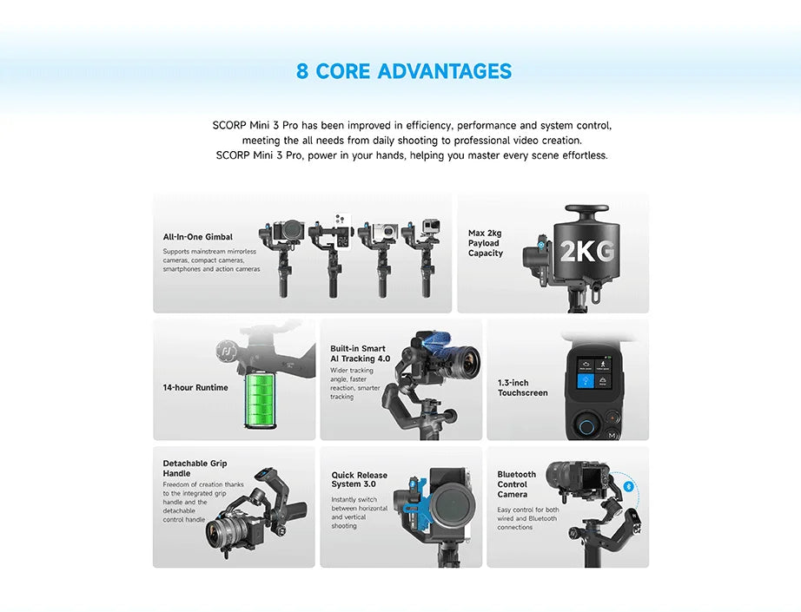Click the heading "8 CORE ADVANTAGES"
click(404, 71)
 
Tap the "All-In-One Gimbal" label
click(198, 237)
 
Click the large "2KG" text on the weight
click(587, 251)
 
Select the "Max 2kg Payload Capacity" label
click(486, 243)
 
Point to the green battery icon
click(260, 401)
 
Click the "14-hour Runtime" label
click(195, 387)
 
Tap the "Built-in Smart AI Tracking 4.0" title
click(361, 353)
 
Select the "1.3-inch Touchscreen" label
click(523, 388)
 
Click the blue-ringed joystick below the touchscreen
click(586, 426)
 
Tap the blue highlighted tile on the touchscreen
click(586, 381)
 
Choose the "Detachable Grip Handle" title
click(195, 468)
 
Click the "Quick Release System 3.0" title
click(359, 480)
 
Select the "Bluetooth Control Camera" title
click(516, 484)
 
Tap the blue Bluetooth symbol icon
click(628, 486)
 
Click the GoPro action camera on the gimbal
click(431, 227)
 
